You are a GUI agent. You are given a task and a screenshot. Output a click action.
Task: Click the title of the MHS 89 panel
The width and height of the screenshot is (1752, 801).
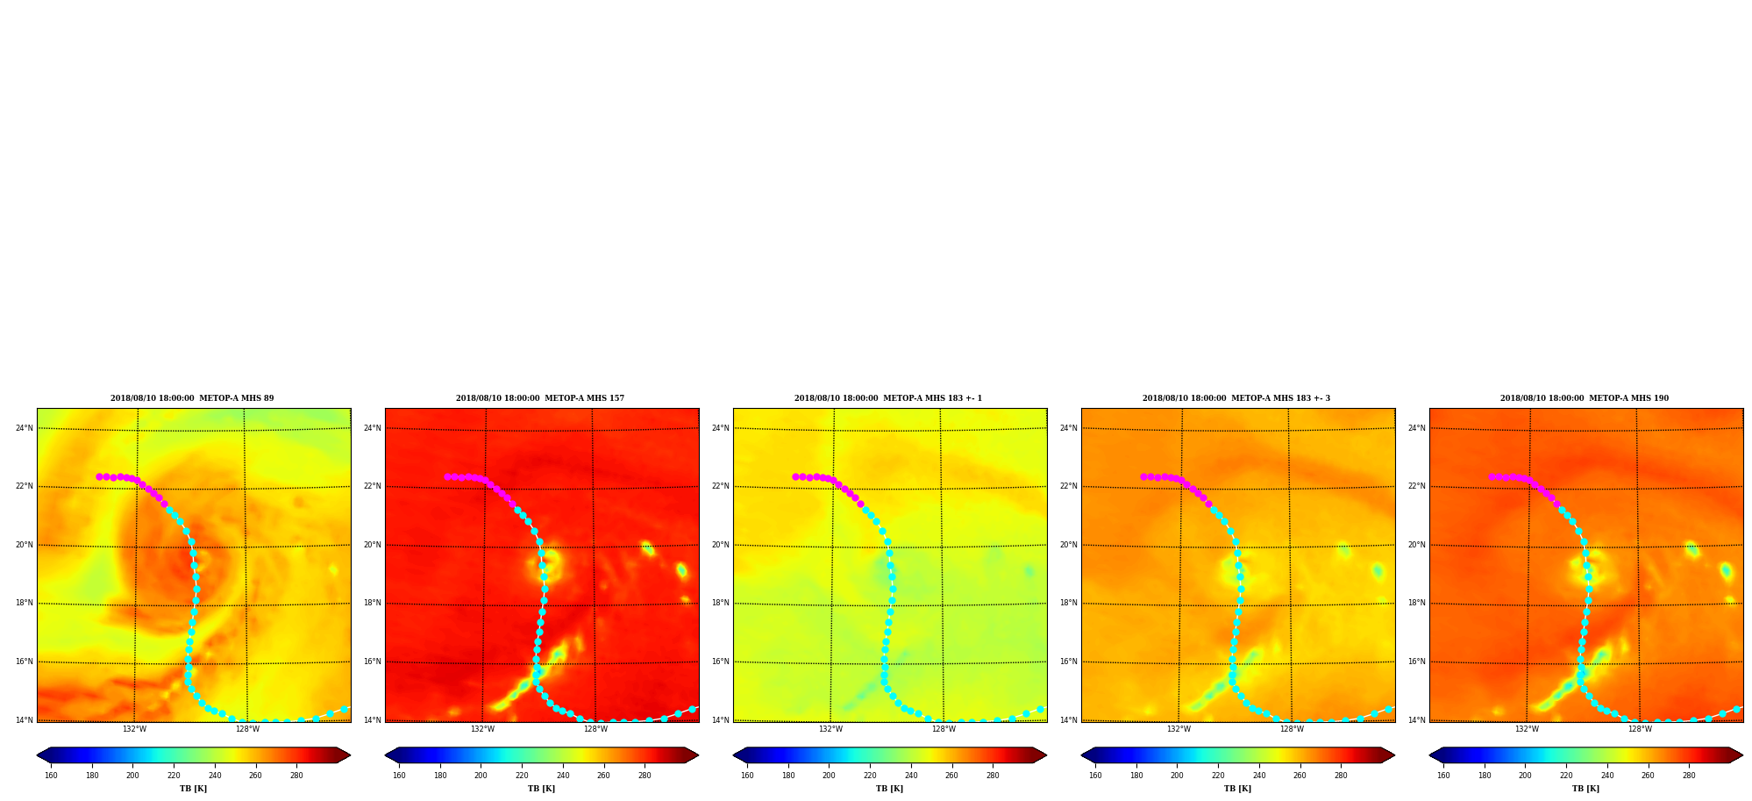192,398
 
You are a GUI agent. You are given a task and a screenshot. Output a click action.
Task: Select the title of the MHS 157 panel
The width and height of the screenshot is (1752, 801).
540,398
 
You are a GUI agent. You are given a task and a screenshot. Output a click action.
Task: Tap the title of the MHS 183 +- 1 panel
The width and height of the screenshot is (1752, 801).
888,398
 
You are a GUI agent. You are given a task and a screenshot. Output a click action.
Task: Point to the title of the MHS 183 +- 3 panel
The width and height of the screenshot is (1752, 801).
1236,398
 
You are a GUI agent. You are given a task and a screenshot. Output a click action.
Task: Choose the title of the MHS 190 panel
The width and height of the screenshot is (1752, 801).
1585,398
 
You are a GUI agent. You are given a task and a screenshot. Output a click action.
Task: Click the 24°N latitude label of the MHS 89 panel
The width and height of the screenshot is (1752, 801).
25,428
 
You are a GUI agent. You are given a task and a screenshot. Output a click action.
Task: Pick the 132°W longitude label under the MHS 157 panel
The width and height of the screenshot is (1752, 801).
482,729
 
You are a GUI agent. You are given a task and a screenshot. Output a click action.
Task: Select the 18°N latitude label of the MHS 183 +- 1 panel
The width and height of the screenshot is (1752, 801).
721,603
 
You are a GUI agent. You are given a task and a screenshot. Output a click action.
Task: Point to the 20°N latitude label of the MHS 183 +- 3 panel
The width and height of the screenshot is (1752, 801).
1069,545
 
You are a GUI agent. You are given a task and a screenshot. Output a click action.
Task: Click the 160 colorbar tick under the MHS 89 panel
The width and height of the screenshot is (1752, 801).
51,776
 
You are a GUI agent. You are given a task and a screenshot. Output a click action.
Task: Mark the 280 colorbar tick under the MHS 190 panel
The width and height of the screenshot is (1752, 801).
1689,776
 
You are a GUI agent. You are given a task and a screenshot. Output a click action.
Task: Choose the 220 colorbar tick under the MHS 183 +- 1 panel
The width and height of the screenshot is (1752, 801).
870,776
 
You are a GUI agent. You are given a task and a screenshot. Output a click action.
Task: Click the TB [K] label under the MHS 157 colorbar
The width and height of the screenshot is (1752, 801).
541,789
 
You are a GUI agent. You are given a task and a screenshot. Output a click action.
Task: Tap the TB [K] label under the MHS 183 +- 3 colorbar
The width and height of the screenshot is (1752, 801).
1237,789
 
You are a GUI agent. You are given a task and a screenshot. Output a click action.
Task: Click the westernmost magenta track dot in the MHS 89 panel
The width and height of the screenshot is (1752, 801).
99,476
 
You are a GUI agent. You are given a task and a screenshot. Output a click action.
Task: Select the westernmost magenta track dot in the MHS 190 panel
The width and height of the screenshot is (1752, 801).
1492,476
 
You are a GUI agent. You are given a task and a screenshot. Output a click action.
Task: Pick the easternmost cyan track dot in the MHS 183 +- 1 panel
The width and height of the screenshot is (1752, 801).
1041,709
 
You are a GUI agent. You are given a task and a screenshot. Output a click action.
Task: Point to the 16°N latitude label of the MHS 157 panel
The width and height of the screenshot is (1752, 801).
373,662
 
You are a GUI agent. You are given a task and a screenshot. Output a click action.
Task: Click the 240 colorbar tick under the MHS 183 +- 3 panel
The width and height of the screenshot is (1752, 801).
1259,776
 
